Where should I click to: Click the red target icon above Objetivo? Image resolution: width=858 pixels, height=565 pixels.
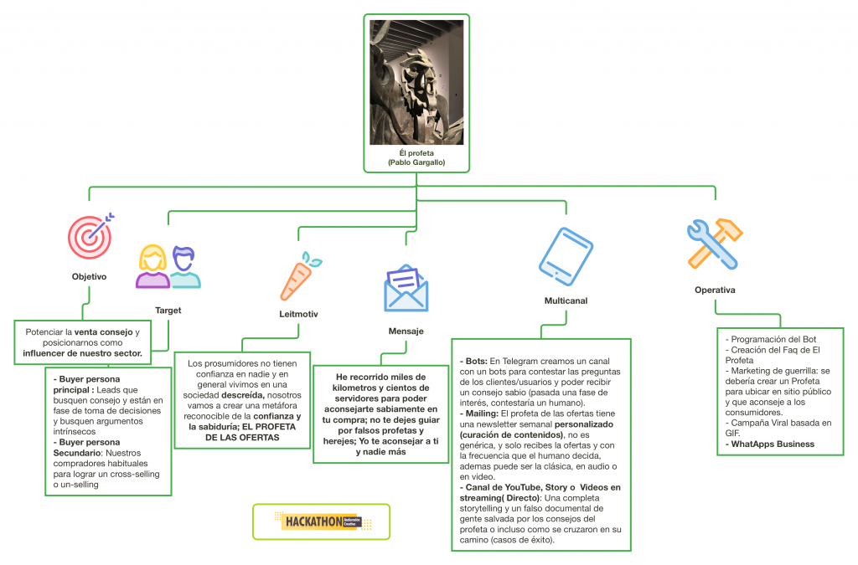click(x=90, y=237)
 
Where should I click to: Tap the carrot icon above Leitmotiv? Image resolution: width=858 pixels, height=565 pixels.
click(x=300, y=276)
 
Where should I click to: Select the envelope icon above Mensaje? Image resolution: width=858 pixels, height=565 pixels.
click(x=406, y=289)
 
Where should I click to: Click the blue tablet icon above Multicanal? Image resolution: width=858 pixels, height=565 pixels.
click(x=566, y=256)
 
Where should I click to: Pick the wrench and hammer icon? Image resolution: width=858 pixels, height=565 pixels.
click(x=715, y=244)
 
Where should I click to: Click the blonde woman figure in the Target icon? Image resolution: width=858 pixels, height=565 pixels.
click(x=152, y=267)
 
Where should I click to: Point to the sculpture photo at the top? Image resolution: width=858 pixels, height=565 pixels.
click(x=416, y=83)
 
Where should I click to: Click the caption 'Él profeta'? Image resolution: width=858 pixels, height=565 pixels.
click(x=416, y=153)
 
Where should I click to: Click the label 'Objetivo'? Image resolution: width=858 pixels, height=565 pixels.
click(x=89, y=276)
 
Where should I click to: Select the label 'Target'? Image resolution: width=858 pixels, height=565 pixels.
click(x=168, y=311)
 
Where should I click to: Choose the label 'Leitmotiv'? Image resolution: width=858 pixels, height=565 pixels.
click(x=298, y=314)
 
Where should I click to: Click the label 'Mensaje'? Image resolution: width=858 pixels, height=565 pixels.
click(x=406, y=331)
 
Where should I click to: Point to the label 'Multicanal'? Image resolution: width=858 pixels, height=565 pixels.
click(x=566, y=301)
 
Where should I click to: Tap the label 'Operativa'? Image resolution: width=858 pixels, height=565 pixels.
click(x=715, y=290)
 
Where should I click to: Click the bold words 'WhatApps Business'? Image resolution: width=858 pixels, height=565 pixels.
click(x=773, y=444)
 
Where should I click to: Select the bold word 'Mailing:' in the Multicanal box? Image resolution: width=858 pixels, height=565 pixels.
click(x=482, y=413)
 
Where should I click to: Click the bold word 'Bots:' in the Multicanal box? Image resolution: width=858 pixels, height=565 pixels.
click(x=476, y=362)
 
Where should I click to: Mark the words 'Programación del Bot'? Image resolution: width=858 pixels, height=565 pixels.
click(x=773, y=339)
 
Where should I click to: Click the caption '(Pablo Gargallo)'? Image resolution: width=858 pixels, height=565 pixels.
click(x=416, y=162)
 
